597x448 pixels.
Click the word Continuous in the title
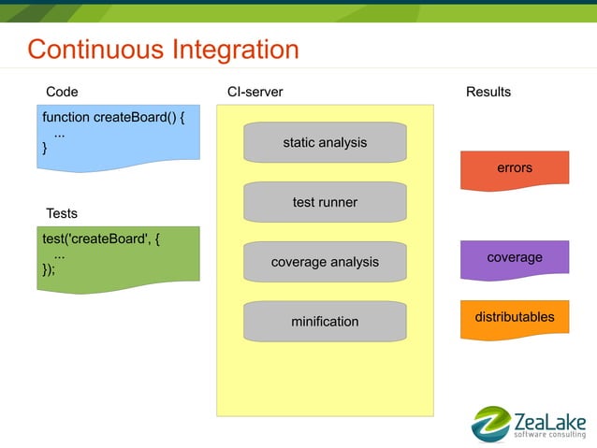tap(95, 50)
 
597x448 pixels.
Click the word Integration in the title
tap(236, 51)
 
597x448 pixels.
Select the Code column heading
tap(62, 92)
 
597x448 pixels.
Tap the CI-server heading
tap(255, 92)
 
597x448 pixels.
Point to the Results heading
tap(488, 92)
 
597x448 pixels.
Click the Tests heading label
tap(62, 213)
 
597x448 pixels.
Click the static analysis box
tap(325, 142)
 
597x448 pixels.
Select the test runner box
tap(325, 202)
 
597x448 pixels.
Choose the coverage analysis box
tap(325, 262)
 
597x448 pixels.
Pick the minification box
tap(325, 322)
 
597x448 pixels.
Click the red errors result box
tap(515, 170)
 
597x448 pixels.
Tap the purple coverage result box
tap(515, 260)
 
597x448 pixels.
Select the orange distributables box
tap(515, 319)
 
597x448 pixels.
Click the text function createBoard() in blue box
tap(109, 117)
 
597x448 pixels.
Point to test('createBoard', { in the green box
tap(101, 239)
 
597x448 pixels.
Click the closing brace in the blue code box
tap(45, 148)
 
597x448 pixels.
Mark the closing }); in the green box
tap(49, 269)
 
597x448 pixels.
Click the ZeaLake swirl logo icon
tap(491, 424)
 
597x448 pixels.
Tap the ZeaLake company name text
tap(550, 422)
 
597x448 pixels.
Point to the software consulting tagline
tap(550, 434)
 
